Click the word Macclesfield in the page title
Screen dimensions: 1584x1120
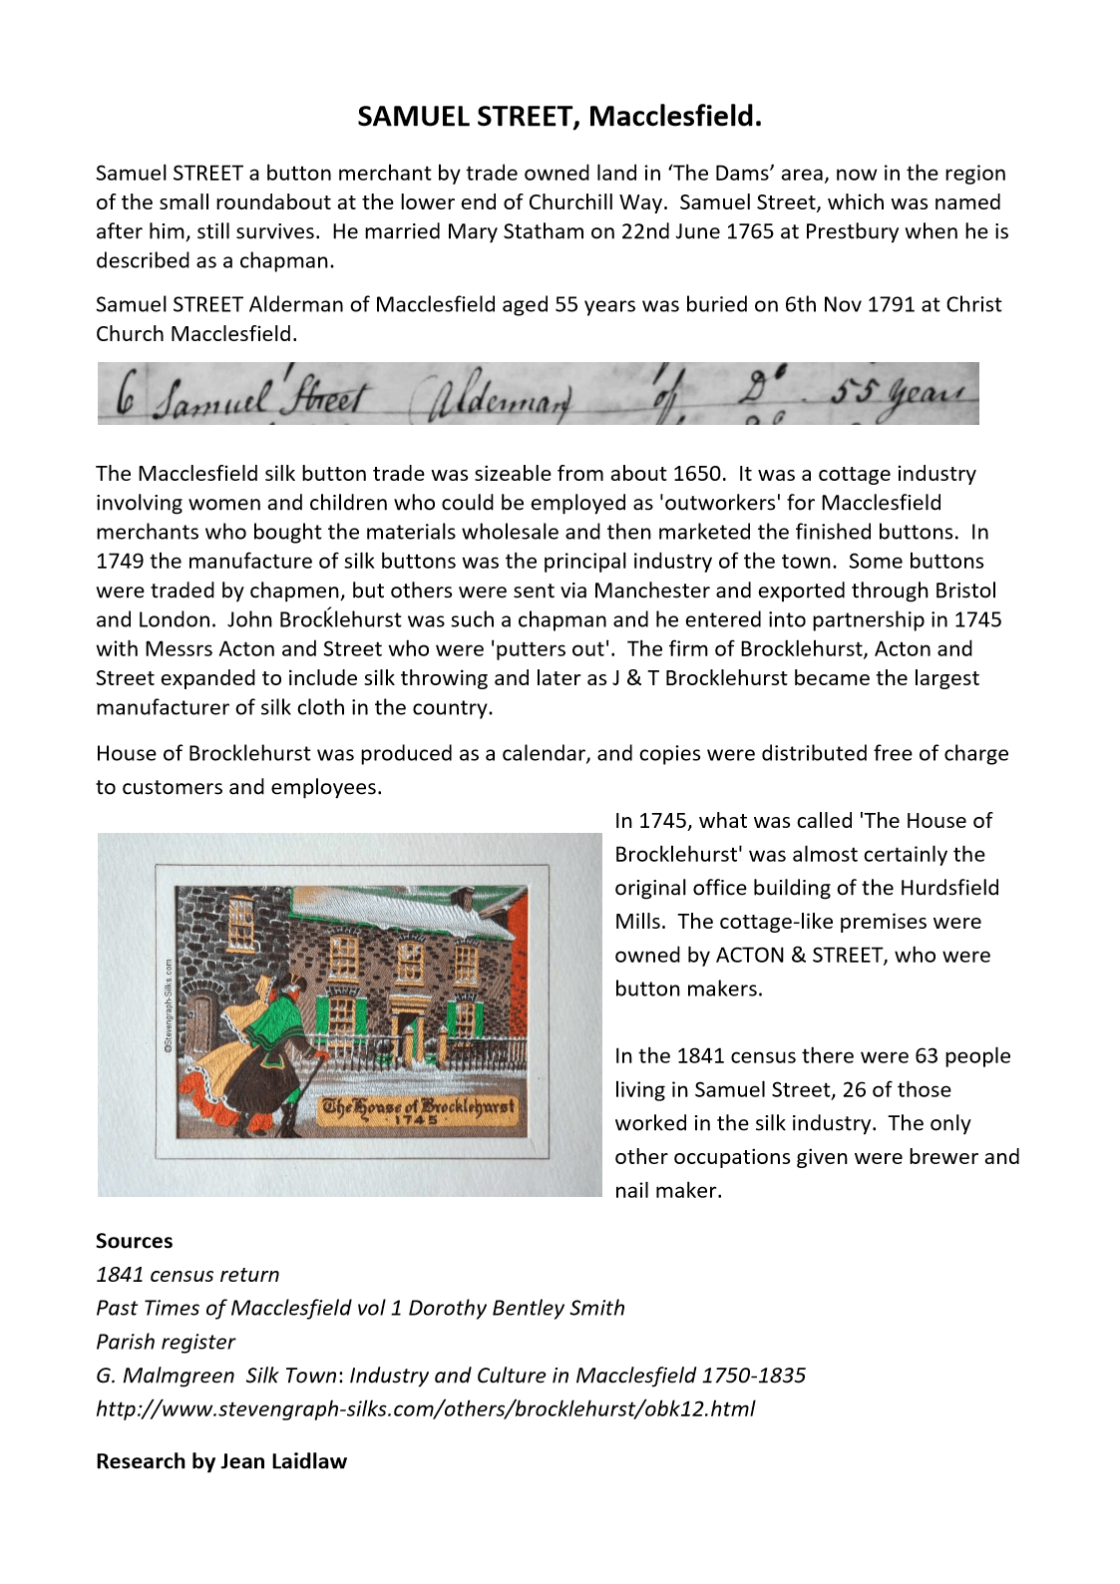pos(674,117)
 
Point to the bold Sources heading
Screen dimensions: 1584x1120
pos(135,1241)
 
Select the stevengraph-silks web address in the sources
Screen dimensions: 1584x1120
pos(425,1408)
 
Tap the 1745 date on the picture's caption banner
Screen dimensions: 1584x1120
pos(416,1120)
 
